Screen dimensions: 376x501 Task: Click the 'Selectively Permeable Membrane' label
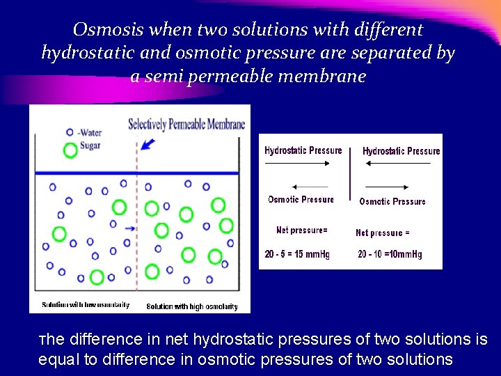coord(186,125)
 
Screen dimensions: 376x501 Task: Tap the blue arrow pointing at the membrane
coord(148,144)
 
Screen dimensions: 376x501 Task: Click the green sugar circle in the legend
coord(70,149)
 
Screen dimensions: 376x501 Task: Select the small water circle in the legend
coord(70,132)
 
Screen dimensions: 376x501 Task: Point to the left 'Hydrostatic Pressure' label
coord(303,150)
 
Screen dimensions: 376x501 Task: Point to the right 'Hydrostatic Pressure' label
coord(401,151)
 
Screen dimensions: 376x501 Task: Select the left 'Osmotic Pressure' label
coord(301,200)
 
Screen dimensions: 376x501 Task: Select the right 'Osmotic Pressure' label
coord(392,201)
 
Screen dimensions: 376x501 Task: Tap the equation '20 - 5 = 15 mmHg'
coord(297,255)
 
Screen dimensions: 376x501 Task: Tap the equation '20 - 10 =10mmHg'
coord(390,255)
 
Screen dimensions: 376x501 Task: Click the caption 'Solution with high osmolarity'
coord(192,306)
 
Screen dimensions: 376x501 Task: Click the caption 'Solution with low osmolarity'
coord(86,305)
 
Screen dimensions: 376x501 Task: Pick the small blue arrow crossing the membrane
coord(129,228)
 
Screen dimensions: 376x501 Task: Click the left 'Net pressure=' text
coord(301,230)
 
